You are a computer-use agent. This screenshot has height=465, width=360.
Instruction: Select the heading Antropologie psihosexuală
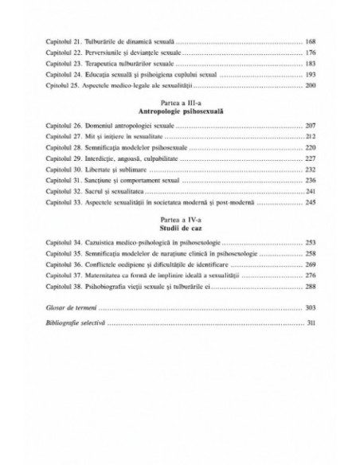(x=180, y=111)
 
